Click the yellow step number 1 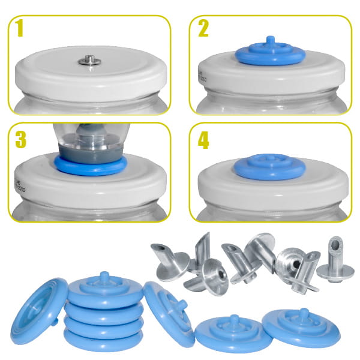[20, 28]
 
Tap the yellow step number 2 [203, 28]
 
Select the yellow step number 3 [20, 140]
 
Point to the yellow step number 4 [203, 140]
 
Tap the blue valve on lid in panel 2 [270, 54]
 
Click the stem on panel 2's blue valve [270, 41]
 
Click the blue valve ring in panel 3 [91, 166]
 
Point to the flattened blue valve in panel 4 [270, 167]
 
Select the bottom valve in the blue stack [103, 340]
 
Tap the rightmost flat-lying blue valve [301, 328]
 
